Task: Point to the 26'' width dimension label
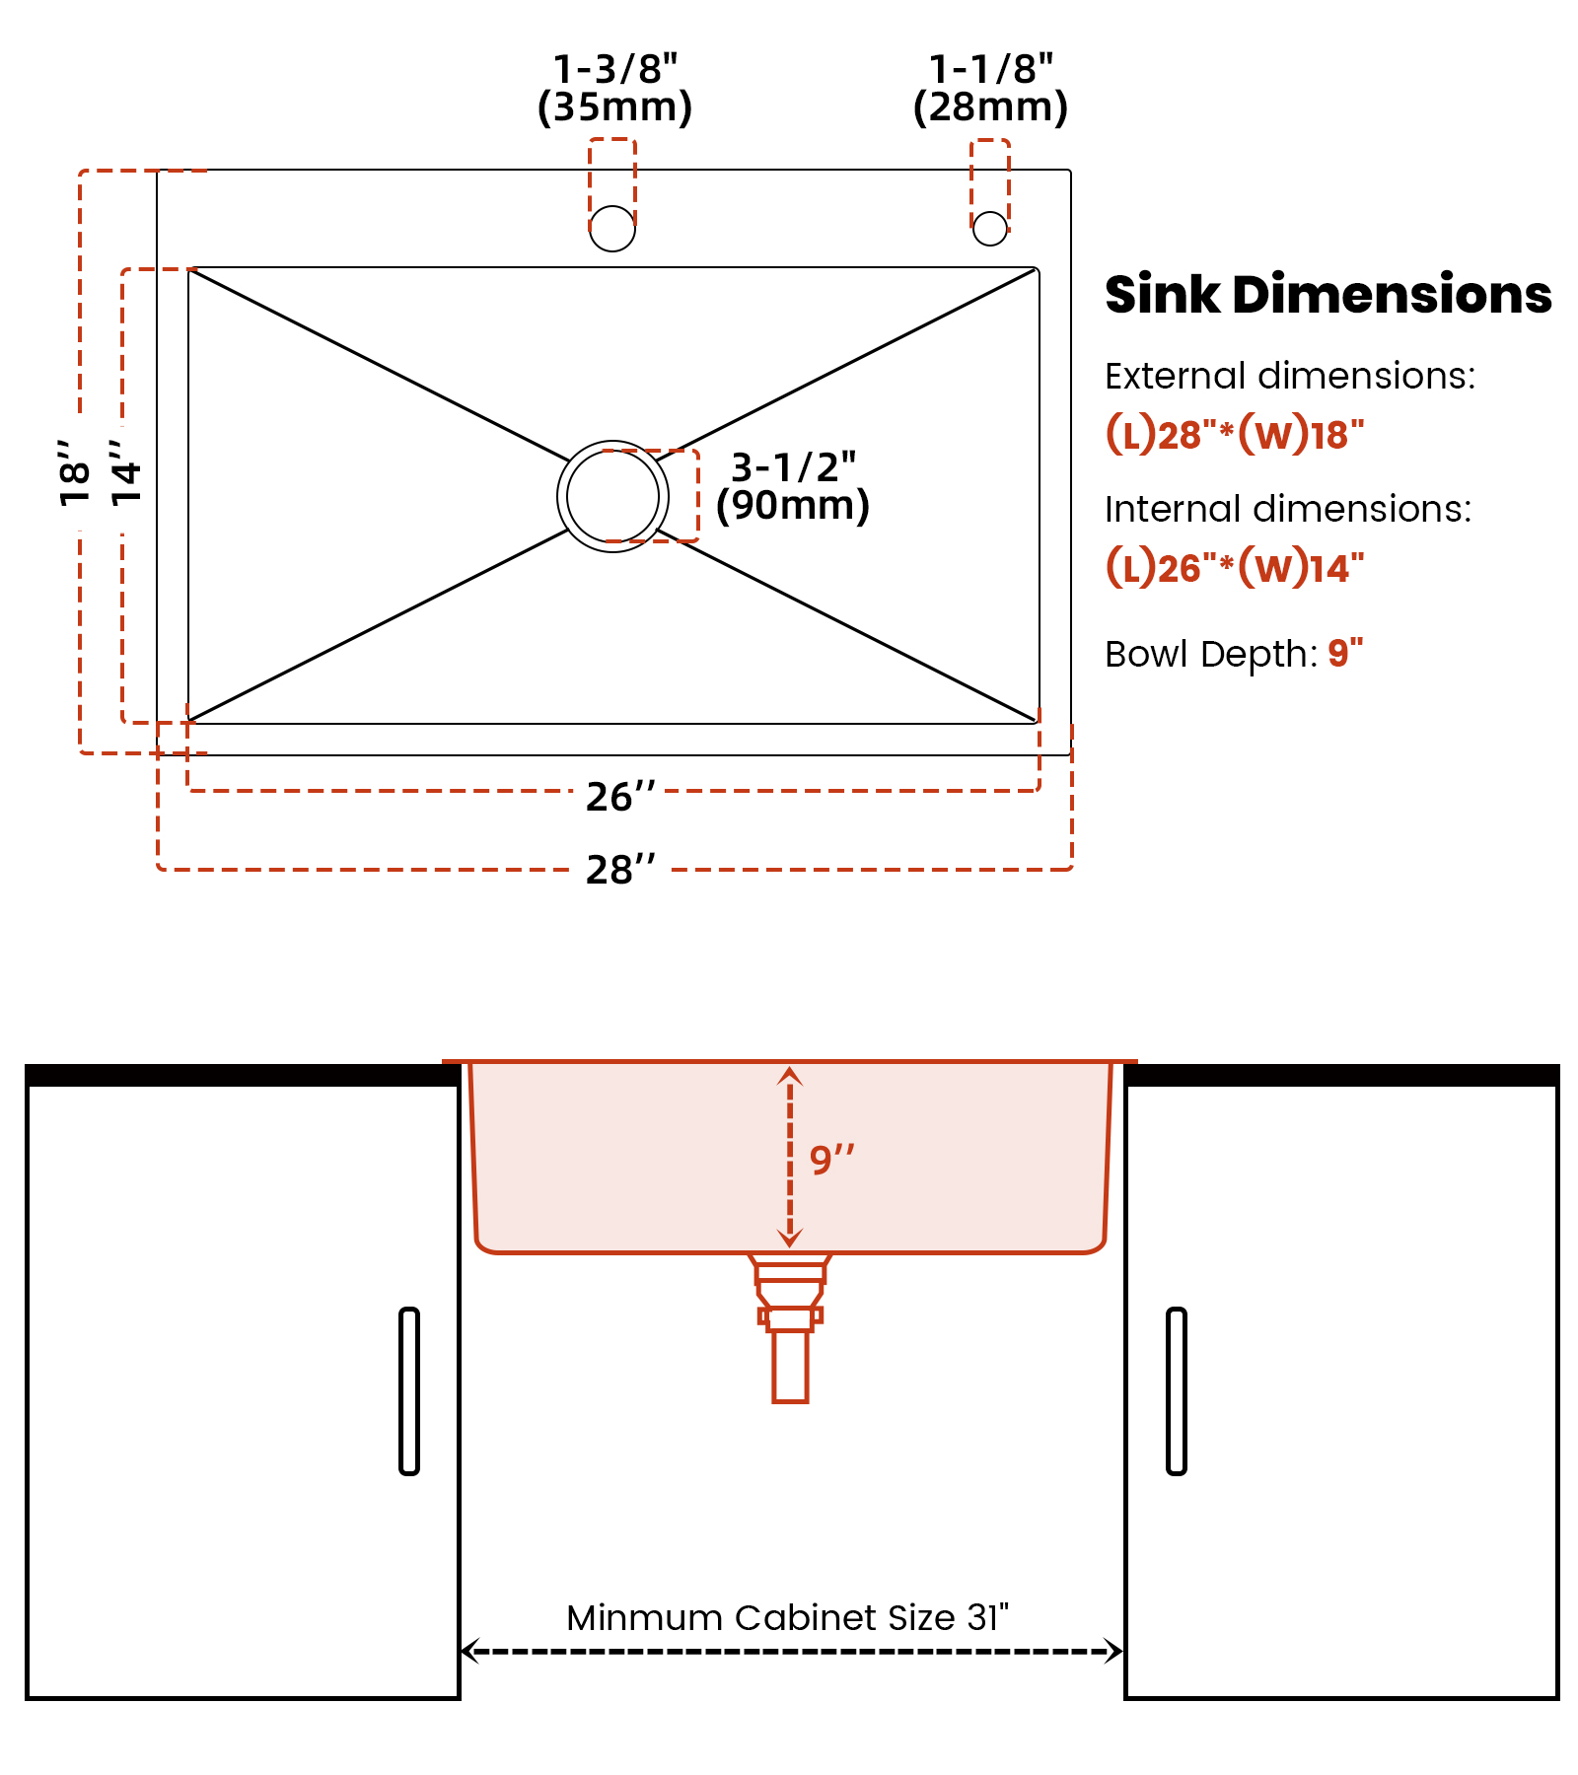pos(620,797)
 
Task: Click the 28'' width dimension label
pos(620,870)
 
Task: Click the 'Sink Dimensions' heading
pos(1328,295)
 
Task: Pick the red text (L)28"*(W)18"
pos(1235,434)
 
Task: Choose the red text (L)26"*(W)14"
pos(1235,567)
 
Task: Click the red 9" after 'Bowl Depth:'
pos(1345,652)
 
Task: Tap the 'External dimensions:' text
pos(1290,376)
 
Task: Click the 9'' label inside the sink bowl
pos(831,1159)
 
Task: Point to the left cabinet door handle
pos(409,1390)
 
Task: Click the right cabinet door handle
pos(1176,1390)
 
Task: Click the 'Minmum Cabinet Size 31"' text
pos(787,1617)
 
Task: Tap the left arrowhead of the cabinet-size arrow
pos(469,1651)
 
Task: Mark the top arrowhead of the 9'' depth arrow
pos(789,1075)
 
